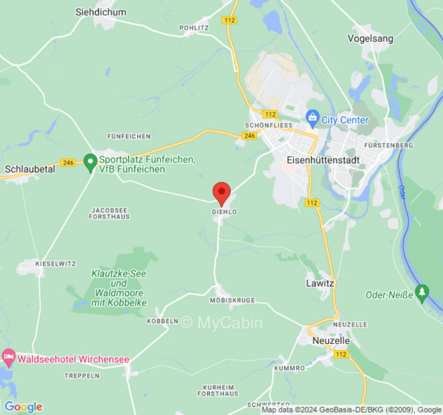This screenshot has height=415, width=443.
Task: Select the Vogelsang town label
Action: pyautogui.click(x=370, y=38)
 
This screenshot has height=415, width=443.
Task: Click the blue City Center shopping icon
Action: pyautogui.click(x=312, y=119)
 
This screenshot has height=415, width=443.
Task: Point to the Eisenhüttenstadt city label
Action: pyautogui.click(x=323, y=160)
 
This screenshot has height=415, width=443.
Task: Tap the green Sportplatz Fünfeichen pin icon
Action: pyautogui.click(x=90, y=162)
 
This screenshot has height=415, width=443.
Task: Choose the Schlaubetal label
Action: pyautogui.click(x=30, y=169)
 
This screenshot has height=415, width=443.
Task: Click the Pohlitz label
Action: pyautogui.click(x=194, y=27)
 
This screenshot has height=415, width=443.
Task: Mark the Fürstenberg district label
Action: pyautogui.click(x=388, y=146)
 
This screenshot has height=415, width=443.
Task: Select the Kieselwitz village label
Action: pyautogui.click(x=56, y=264)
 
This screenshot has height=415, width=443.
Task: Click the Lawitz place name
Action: pyautogui.click(x=320, y=284)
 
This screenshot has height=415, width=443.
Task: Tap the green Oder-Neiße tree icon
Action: pyautogui.click(x=422, y=293)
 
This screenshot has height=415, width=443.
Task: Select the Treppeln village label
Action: pyautogui.click(x=82, y=376)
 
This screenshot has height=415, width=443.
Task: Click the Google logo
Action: pyautogui.click(x=23, y=407)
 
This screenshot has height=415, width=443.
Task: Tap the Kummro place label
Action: pyautogui.click(x=289, y=368)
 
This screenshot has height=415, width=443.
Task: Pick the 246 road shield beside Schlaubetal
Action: pyautogui.click(x=68, y=162)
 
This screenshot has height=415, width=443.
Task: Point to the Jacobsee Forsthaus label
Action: pyautogui.click(x=110, y=213)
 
